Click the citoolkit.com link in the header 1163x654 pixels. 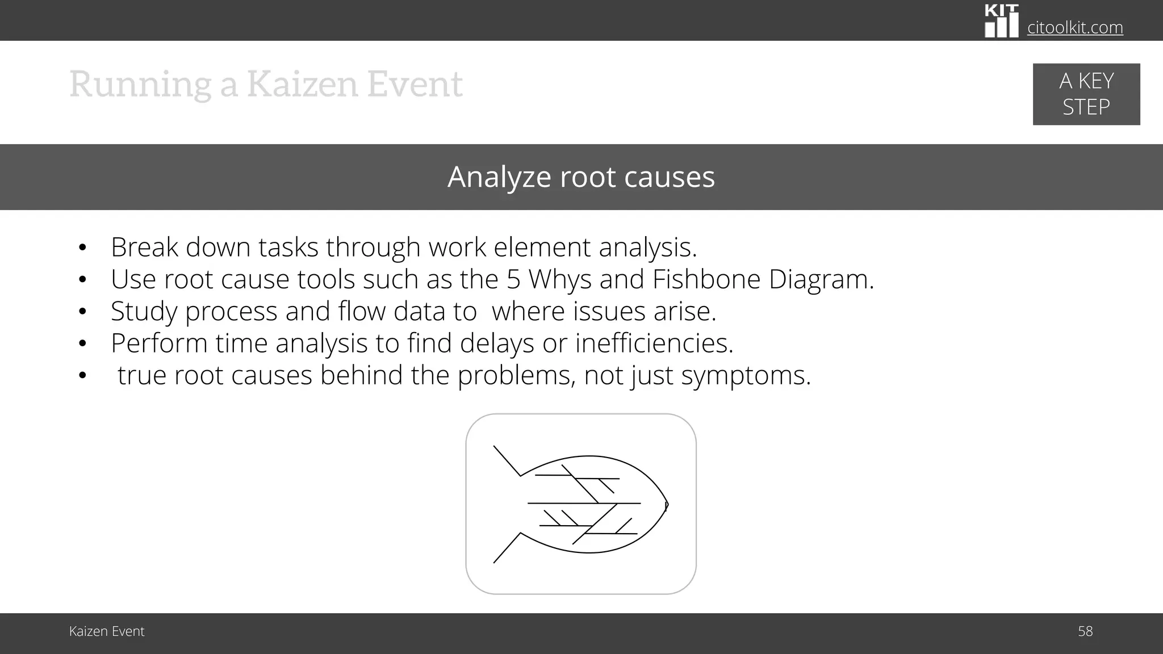[x=1075, y=27]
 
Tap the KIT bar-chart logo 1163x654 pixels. [x=1001, y=21]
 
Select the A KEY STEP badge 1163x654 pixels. [x=1086, y=94]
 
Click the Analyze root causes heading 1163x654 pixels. [x=581, y=177]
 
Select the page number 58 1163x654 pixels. [x=1085, y=631]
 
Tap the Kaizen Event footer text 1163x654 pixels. [x=107, y=631]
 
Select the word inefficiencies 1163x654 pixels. [x=654, y=343]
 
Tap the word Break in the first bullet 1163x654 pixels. [x=144, y=248]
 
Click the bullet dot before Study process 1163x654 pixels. [x=83, y=312]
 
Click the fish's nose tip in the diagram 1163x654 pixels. [x=667, y=505]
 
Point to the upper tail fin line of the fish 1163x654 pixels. [x=507, y=461]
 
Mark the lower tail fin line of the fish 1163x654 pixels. [x=507, y=548]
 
